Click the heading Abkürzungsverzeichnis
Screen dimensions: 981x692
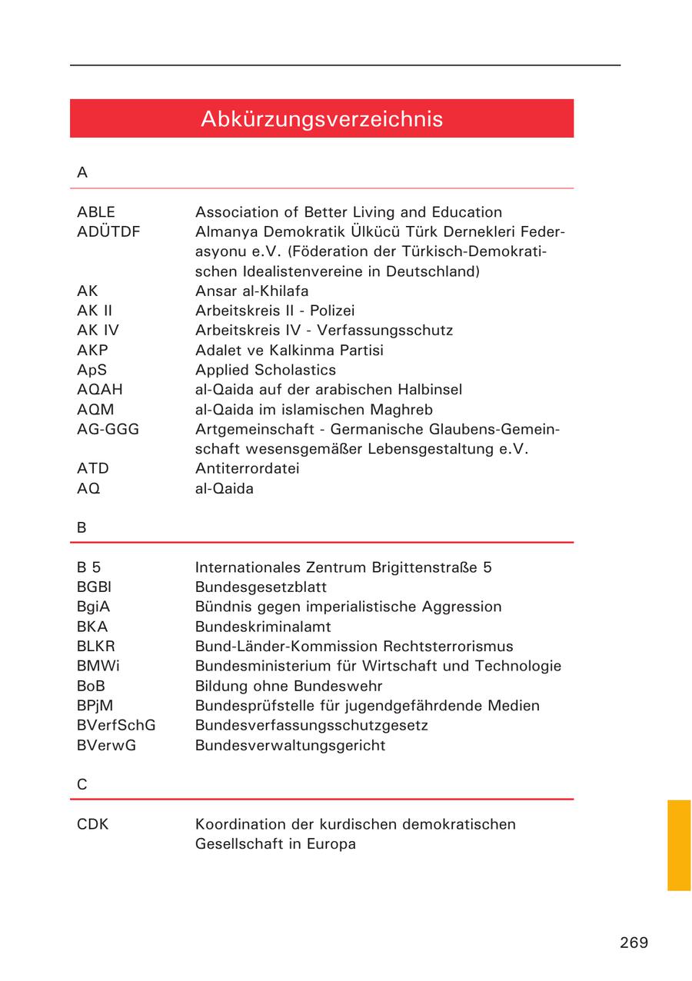[x=321, y=119]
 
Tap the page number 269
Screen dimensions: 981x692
[x=634, y=943]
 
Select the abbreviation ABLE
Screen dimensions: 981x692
[x=96, y=212]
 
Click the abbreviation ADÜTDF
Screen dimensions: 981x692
[x=108, y=231]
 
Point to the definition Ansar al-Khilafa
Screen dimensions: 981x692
[x=251, y=291]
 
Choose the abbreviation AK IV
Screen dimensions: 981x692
[x=98, y=331]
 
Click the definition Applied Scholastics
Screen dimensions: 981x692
[x=265, y=370]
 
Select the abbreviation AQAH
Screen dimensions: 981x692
[x=99, y=390]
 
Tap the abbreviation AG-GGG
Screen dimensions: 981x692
[x=108, y=429]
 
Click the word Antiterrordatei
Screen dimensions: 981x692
[x=247, y=468]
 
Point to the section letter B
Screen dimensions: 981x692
[x=82, y=528]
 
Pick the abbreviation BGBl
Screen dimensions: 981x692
[x=94, y=587]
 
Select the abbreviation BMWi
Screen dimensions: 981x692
[x=98, y=666]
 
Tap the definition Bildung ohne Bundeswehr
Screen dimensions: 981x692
[x=288, y=686]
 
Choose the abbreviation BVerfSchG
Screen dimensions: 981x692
[x=116, y=725]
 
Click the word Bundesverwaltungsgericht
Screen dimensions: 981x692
[x=290, y=745]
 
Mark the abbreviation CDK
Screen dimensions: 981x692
[x=93, y=824]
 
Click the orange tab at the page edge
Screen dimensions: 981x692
[x=679, y=845]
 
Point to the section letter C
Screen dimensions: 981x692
[x=82, y=785]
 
